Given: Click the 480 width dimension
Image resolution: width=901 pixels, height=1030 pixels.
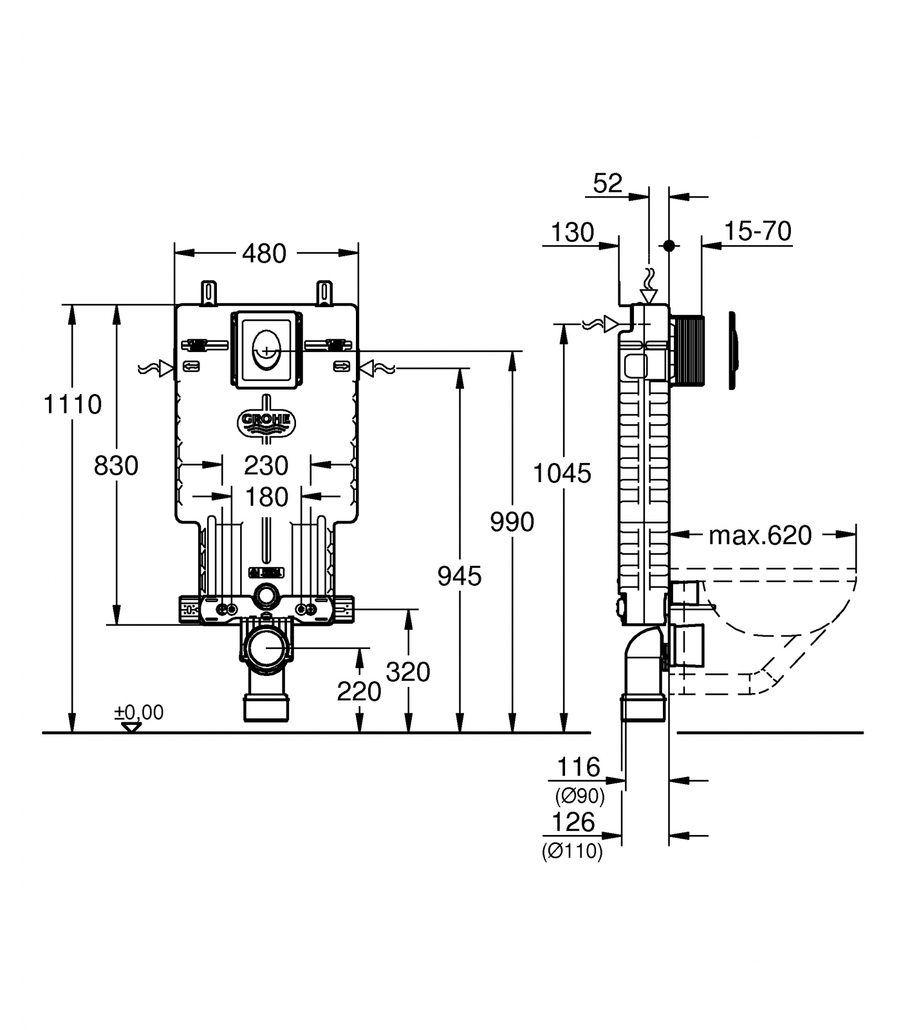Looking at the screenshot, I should click(264, 254).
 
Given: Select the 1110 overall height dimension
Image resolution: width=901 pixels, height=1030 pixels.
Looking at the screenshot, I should click(72, 404).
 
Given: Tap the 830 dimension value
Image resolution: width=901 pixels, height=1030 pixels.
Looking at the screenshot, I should click(116, 465).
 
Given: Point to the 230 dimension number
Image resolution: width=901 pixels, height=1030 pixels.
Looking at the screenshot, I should click(266, 465).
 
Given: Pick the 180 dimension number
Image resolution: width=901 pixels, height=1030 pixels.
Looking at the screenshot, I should click(266, 497).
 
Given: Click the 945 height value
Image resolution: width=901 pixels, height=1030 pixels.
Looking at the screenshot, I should click(459, 576).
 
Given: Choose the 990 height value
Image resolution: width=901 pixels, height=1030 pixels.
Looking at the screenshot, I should click(512, 521).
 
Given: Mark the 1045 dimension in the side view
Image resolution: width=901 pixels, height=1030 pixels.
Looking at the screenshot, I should click(562, 474).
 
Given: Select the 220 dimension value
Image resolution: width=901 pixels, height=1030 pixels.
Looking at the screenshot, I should click(358, 691).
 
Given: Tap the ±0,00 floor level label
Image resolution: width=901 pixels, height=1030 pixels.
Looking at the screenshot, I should click(139, 712).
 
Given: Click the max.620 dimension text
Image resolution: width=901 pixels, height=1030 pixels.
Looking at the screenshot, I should click(760, 535).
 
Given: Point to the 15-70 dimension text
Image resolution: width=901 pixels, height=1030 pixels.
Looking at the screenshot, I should click(757, 231).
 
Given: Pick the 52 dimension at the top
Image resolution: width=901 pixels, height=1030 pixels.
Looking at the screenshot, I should click(608, 183).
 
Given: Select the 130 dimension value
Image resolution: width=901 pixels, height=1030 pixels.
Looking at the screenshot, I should click(573, 232).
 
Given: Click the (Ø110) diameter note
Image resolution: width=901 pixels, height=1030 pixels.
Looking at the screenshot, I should click(572, 852).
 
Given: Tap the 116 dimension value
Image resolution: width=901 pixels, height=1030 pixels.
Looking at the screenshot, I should click(578, 767).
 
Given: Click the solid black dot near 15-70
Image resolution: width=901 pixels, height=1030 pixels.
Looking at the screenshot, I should click(669, 245).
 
